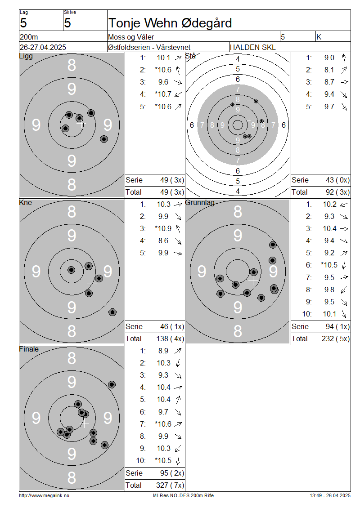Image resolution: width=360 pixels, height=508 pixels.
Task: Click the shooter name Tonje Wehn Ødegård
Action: click(x=170, y=23)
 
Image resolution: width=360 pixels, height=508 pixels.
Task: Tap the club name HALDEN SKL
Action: click(x=252, y=47)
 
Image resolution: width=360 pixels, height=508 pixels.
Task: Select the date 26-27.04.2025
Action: click(x=43, y=47)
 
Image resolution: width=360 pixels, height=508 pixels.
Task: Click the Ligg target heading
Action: click(x=26, y=56)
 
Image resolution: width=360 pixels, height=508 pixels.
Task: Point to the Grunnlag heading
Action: click(x=200, y=202)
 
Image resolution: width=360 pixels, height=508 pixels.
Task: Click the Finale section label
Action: click(x=29, y=349)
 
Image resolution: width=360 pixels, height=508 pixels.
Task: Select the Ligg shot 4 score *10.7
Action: click(x=163, y=94)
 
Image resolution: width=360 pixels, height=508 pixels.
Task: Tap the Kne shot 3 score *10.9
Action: click(x=163, y=229)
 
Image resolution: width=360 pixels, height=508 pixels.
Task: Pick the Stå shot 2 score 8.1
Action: click(x=329, y=70)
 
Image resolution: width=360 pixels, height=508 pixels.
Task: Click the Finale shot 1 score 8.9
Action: click(x=163, y=351)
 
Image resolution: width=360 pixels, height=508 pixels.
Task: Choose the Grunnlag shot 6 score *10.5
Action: click(x=329, y=265)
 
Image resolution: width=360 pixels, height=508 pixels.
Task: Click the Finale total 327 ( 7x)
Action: click(x=170, y=486)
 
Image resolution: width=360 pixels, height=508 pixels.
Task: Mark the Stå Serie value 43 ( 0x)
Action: click(x=337, y=180)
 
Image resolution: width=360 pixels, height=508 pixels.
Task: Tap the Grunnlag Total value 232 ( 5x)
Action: click(x=336, y=339)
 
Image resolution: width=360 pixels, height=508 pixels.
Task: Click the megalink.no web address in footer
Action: click(x=44, y=496)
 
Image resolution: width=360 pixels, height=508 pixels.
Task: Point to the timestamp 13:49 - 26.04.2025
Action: click(x=330, y=496)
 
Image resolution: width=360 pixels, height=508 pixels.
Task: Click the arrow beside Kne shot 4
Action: click(x=178, y=241)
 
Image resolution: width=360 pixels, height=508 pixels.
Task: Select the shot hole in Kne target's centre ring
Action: click(x=72, y=270)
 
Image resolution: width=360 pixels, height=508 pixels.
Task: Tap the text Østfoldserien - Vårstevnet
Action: click(x=149, y=47)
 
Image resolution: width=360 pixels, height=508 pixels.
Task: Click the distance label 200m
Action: click(x=29, y=37)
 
